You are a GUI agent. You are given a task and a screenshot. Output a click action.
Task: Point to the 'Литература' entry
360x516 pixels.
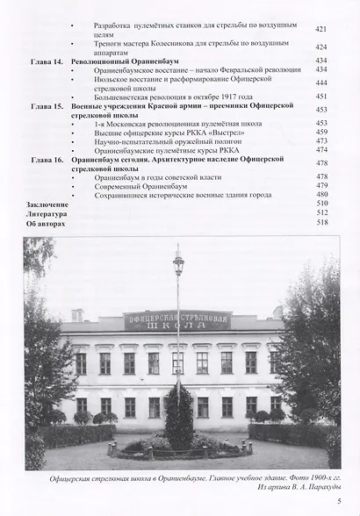click(x=45, y=213)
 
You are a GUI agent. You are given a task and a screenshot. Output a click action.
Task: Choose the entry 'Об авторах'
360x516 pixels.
click(x=44, y=223)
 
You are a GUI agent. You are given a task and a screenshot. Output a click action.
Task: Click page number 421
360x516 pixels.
click(x=321, y=29)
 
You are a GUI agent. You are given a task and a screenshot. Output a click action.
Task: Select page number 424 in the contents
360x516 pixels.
click(x=321, y=47)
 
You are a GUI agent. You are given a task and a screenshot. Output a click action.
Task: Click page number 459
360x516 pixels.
click(x=321, y=133)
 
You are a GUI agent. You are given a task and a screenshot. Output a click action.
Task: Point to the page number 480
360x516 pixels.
click(x=321, y=194)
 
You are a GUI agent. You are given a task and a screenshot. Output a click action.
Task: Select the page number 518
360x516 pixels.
click(x=321, y=223)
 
